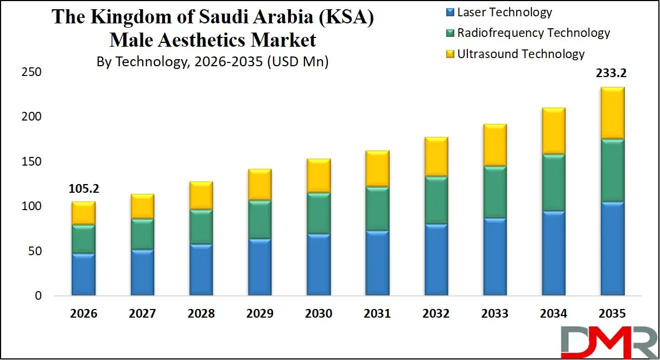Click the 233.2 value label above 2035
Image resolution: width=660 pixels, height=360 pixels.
pos(612,74)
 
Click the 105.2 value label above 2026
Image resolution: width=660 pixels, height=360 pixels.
pos(84,189)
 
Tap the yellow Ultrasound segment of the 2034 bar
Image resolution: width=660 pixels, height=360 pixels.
pos(553,131)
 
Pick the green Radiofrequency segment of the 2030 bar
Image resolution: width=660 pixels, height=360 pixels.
pos(319,213)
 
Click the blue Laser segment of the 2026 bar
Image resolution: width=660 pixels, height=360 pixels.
pos(84,274)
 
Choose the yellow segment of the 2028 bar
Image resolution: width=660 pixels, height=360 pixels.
pos(201,195)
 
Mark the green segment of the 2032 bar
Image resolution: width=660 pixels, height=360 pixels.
pos(436,200)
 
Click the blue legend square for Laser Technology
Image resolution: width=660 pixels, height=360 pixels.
pos(449,12)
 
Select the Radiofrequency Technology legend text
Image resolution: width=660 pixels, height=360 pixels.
pos(534,33)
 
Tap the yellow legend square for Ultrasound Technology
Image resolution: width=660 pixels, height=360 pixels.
pos(449,54)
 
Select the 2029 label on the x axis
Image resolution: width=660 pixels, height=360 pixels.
pos(260,314)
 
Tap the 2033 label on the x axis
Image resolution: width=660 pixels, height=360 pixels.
pos(494,314)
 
